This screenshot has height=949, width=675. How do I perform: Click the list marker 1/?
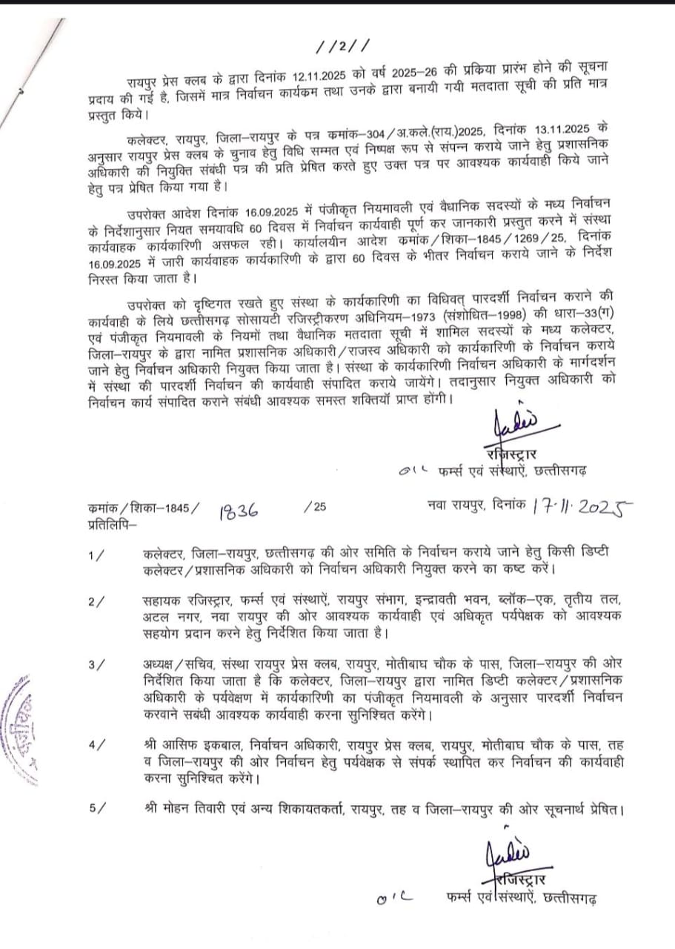96,555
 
